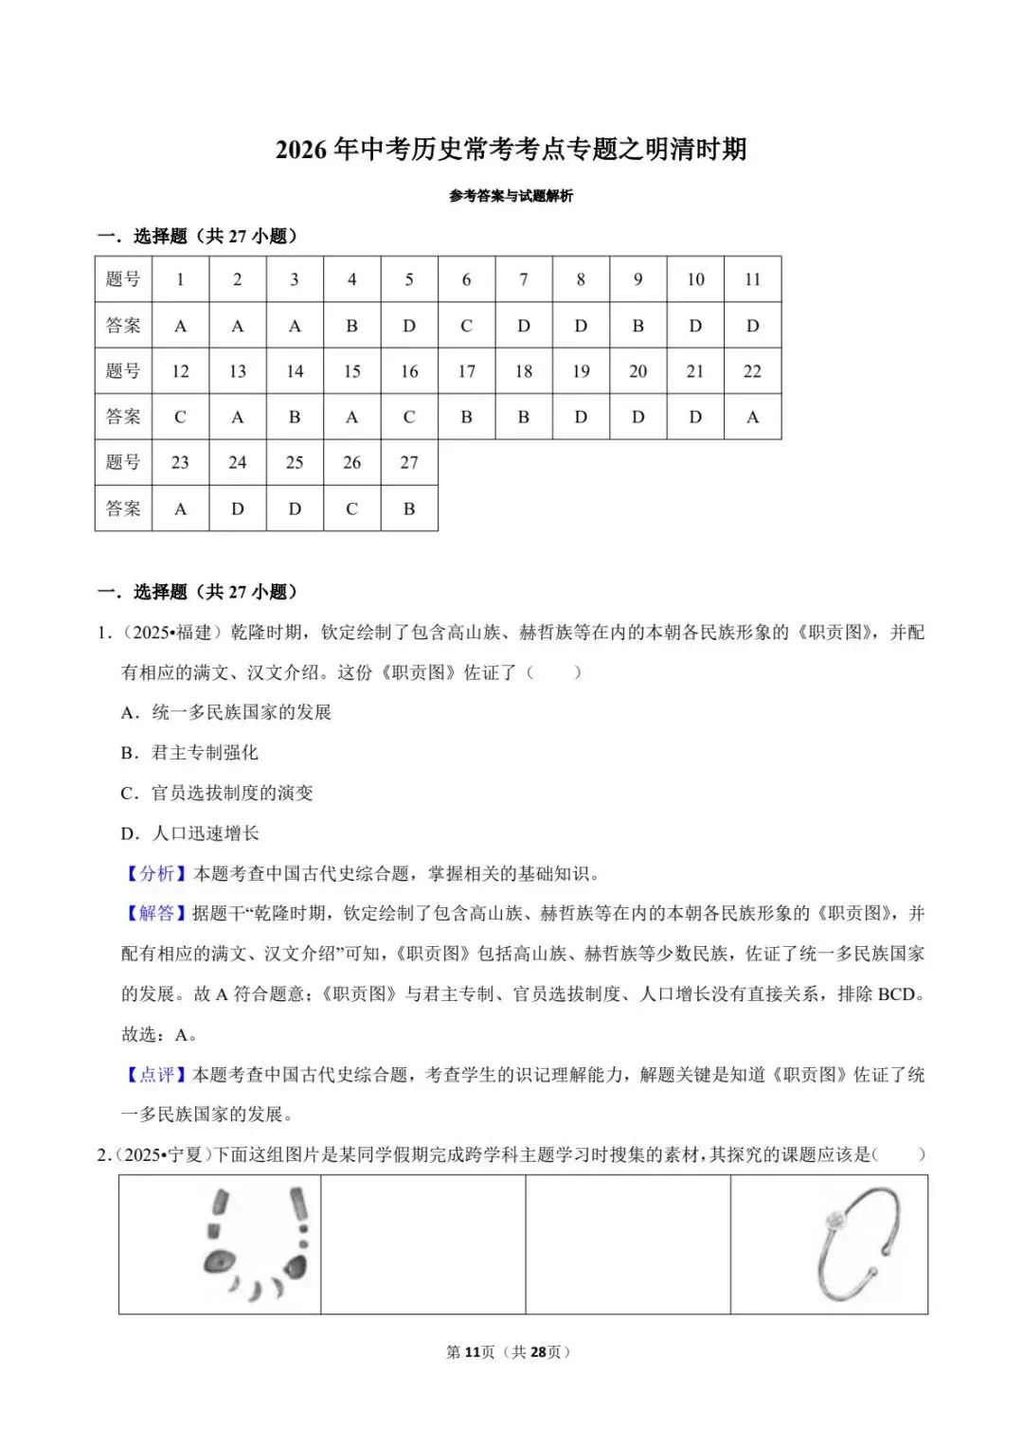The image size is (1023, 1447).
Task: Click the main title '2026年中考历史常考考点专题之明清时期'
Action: [x=511, y=150]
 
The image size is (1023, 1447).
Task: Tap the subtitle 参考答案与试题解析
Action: [x=511, y=196]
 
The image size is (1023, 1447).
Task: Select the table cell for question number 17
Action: [x=466, y=371]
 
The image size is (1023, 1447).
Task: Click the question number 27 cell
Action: [x=409, y=462]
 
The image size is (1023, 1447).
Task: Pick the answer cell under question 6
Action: [x=466, y=326]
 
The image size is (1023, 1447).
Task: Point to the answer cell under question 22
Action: [x=752, y=417]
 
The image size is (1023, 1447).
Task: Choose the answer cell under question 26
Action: [x=351, y=509]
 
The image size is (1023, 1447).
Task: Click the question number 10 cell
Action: [x=695, y=279]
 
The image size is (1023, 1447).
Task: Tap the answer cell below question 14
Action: [x=295, y=417]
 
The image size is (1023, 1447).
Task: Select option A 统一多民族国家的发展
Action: [x=226, y=712]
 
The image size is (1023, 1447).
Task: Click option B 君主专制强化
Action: [x=189, y=753]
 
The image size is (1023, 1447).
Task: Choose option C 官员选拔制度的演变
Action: [x=217, y=793]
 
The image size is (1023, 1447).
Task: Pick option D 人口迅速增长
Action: [x=190, y=833]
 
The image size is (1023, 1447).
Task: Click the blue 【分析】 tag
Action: [x=156, y=873]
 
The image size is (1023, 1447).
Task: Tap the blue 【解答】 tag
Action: [x=156, y=913]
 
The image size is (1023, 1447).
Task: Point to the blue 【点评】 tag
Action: [x=156, y=1074]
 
